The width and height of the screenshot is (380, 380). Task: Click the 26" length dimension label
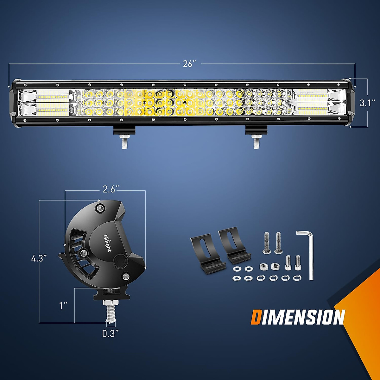[x=188, y=64]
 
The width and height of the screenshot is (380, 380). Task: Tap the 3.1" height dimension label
[x=367, y=103]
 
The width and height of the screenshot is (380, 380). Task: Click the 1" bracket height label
[x=63, y=306]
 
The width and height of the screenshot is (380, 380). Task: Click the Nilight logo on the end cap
[x=107, y=243]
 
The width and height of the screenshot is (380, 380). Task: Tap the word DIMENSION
[x=298, y=317]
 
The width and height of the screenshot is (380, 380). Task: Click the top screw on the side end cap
[x=101, y=208]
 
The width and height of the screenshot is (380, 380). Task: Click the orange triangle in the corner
[x=364, y=304]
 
